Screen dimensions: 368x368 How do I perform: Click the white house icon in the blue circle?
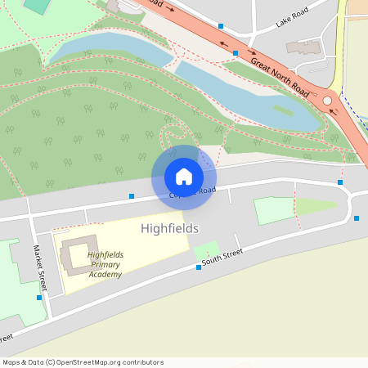184,176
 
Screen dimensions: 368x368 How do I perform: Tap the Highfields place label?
169,228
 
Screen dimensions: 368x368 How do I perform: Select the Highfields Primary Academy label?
105,264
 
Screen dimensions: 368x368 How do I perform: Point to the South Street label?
222,258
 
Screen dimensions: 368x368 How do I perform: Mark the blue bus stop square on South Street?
198,267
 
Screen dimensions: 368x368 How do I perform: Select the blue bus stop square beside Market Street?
39,298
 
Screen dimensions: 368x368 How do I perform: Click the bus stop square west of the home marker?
132,195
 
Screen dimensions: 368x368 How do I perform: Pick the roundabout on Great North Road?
328,101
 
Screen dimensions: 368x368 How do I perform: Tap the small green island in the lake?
282,109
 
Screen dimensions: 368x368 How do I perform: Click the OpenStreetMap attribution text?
83,361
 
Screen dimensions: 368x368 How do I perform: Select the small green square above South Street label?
205,249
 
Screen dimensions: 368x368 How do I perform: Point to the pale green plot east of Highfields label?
273,210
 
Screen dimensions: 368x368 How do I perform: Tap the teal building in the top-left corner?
36,5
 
